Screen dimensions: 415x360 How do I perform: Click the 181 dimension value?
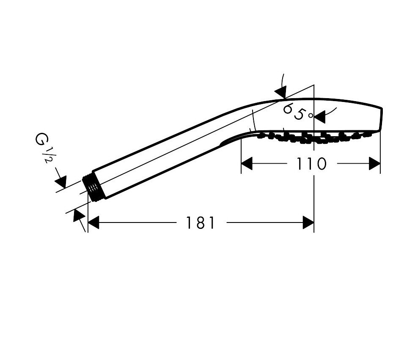coord(200,223)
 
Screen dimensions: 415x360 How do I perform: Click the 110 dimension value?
coord(311,164)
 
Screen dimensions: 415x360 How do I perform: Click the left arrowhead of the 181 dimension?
coord(93,223)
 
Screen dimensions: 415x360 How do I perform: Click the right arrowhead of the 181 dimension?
coord(308,223)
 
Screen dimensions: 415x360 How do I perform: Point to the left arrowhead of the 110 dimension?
coord(247,164)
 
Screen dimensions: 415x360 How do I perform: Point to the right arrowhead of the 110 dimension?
coord(374,164)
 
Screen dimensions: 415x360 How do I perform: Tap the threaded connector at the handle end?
coord(93,188)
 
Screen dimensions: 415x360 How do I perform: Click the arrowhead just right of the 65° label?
coord(319,117)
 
